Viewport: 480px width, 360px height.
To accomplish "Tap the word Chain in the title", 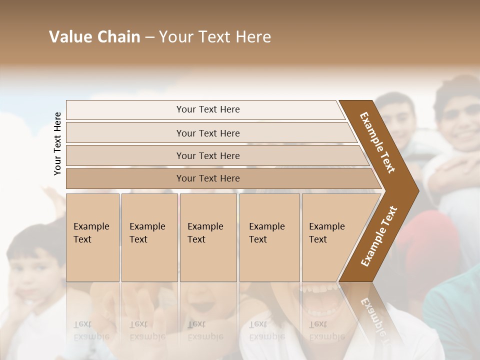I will pos(118,37).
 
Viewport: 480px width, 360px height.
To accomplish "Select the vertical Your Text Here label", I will pos(57,143).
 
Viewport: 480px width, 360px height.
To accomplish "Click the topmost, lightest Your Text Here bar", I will pos(208,109).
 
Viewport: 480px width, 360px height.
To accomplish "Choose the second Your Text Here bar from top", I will pos(208,133).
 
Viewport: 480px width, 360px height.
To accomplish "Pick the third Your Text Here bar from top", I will pos(208,155).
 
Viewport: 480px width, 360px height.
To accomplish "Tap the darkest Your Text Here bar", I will pos(208,178).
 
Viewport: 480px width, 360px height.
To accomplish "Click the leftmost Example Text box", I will pos(92,237).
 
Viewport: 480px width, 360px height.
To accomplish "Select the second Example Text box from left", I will pos(149,237).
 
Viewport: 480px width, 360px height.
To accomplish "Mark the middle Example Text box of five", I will pos(207,237).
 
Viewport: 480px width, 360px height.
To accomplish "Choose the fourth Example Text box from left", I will pos(269,237).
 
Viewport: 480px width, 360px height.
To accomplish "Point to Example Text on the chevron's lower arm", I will pos(379,236).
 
